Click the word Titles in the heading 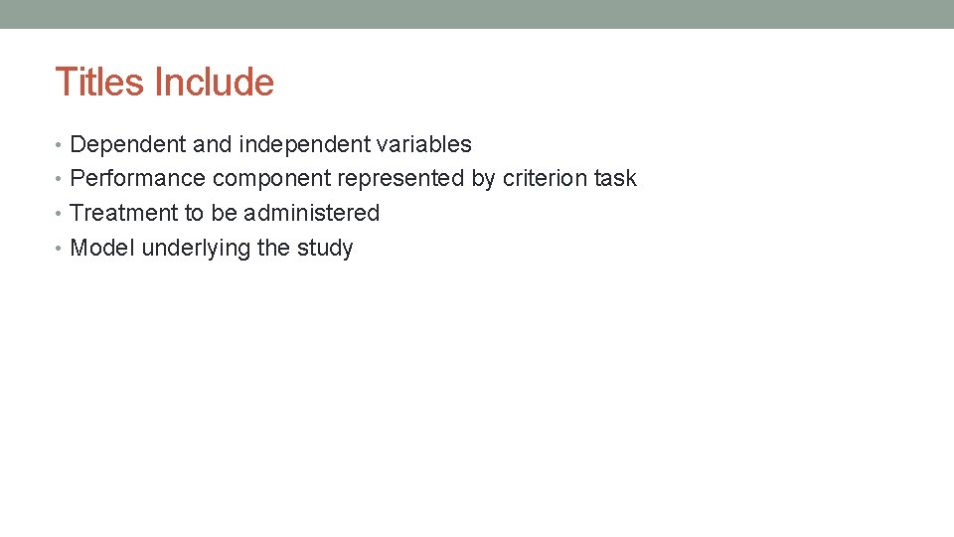(x=97, y=82)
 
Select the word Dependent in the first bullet (x=128, y=144)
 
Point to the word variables (x=424, y=144)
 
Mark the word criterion (x=545, y=179)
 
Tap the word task (x=615, y=179)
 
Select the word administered (x=311, y=213)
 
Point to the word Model (x=102, y=248)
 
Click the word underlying (x=196, y=248)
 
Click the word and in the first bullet (x=211, y=144)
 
